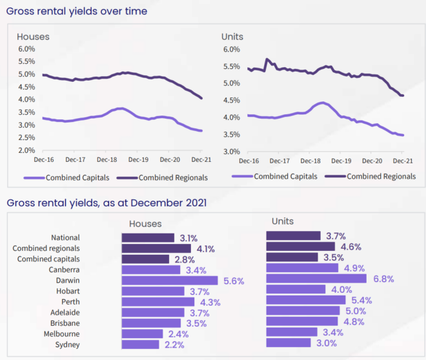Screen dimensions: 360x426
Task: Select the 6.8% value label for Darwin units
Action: (381, 279)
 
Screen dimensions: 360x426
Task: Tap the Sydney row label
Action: (66, 344)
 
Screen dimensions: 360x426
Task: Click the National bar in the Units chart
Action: (293, 236)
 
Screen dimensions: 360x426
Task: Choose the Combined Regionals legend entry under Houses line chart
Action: (173, 177)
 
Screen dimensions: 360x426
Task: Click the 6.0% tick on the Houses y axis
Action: (26, 49)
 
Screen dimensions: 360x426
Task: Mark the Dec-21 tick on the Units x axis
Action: (403, 160)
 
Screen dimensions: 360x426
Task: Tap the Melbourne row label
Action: (61, 334)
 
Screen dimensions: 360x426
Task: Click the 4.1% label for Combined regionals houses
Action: (205, 248)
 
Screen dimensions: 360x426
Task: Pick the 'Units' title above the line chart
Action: (232, 37)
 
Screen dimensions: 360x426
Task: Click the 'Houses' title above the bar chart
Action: (145, 224)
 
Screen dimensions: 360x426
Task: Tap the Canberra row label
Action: (64, 270)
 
